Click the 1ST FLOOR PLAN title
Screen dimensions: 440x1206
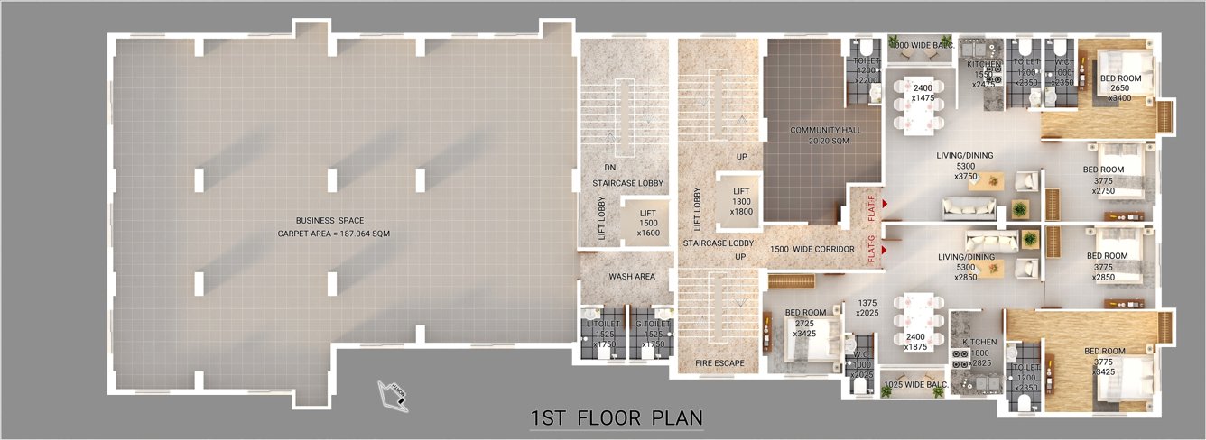coord(617,417)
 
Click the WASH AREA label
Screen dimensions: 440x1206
coord(631,277)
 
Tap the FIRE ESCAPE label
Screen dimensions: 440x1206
coord(719,364)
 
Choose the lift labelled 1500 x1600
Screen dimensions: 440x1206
coord(648,223)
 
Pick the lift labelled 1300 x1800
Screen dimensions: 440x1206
coord(742,199)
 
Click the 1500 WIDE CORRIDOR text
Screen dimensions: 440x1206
coord(812,249)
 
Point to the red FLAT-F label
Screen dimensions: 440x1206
coord(871,206)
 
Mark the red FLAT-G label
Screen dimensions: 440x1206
coord(871,250)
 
